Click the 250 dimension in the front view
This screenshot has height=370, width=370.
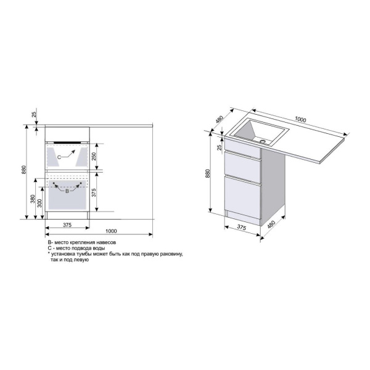tap(94, 156)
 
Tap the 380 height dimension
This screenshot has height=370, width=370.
tap(33, 199)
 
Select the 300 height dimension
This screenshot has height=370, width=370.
tap(39, 203)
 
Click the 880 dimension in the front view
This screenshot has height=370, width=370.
tap(23, 170)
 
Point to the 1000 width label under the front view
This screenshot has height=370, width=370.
tap(111, 231)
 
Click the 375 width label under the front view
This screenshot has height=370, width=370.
tap(67, 225)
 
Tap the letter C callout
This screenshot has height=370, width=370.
tap(59, 157)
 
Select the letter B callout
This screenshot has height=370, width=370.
tap(67, 191)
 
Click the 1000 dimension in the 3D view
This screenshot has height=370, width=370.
tap(300, 120)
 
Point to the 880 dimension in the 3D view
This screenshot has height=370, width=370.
tap(208, 173)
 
